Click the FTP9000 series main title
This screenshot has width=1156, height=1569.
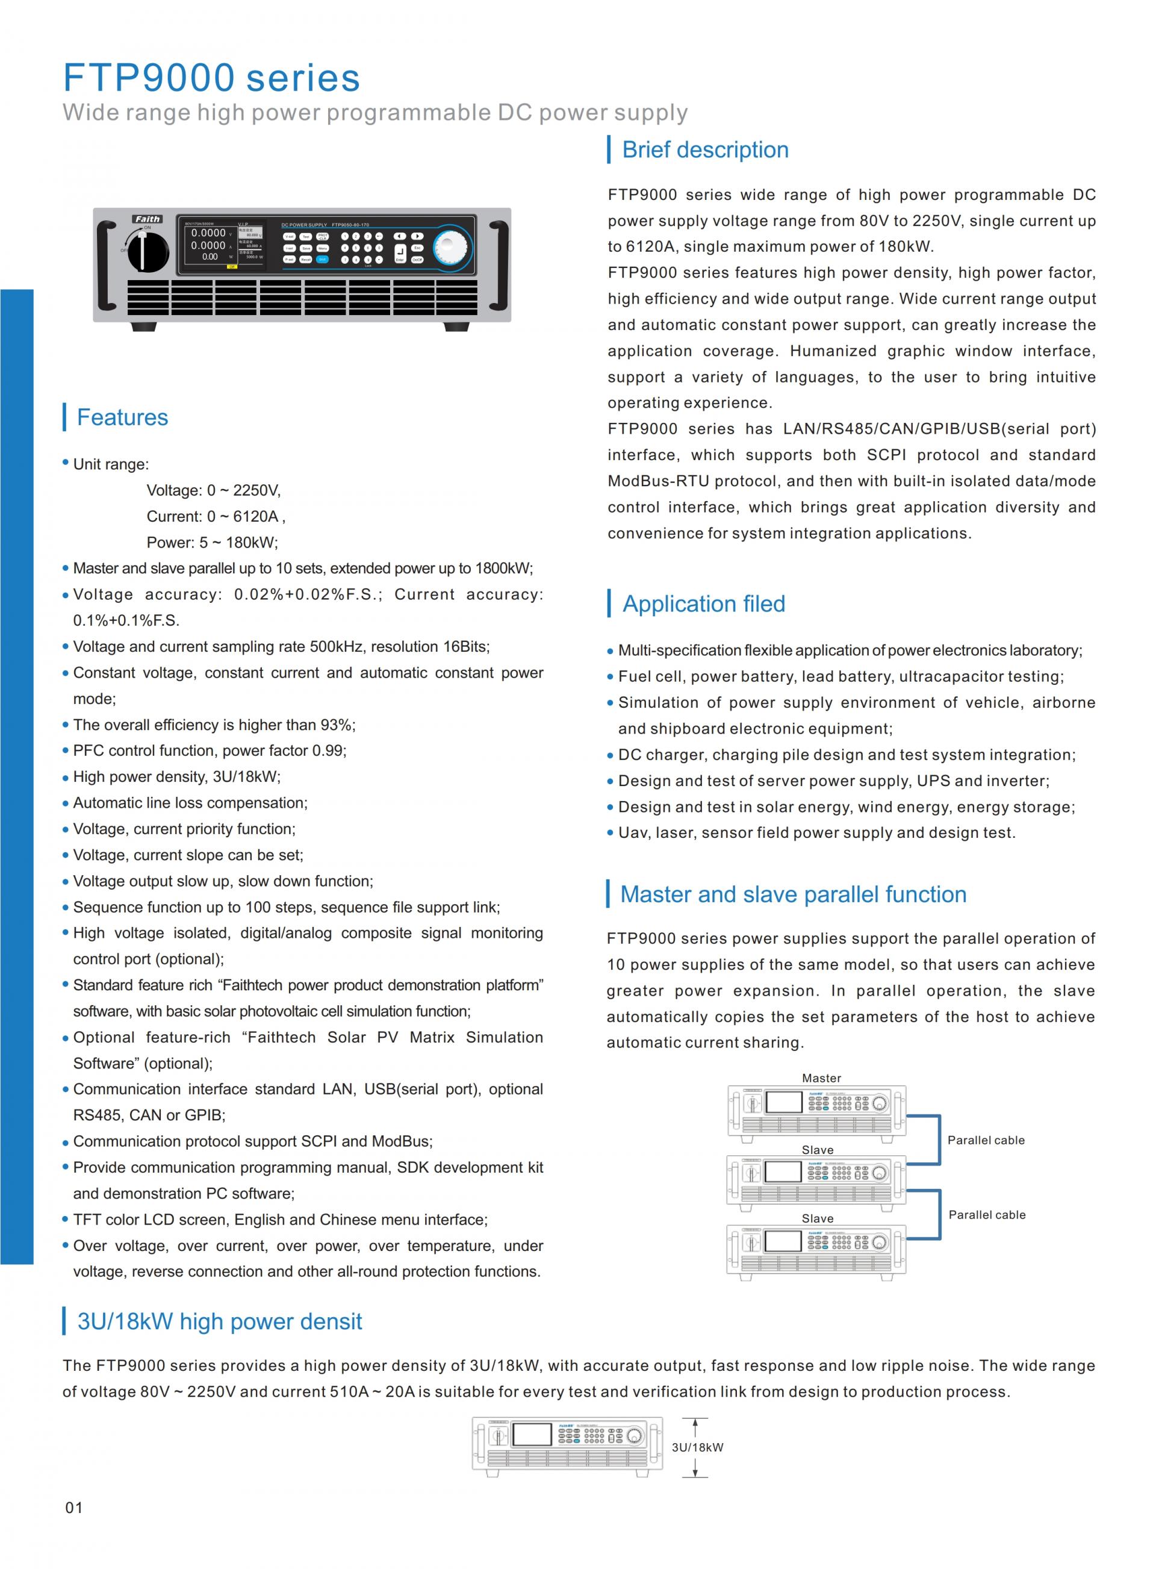[x=211, y=77]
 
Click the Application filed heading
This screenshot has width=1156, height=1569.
[x=703, y=604]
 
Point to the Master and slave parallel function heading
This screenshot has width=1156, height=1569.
[x=793, y=894]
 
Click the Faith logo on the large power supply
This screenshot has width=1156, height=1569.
[x=147, y=219]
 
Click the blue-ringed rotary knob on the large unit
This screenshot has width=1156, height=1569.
[x=452, y=247]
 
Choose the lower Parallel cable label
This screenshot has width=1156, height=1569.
[x=987, y=1215]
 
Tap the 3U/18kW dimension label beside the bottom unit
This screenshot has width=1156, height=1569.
[x=697, y=1447]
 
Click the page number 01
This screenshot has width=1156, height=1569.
[x=73, y=1508]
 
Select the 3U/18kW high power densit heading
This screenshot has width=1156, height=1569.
[x=219, y=1321]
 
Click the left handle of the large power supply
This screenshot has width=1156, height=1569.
[x=107, y=264]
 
